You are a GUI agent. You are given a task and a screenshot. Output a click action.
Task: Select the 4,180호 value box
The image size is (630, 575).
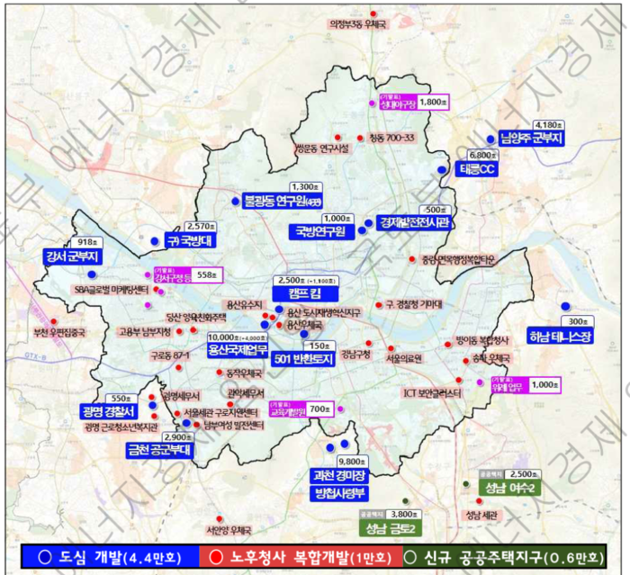[548, 125]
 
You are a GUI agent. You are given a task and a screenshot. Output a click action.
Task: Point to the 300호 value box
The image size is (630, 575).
[572, 321]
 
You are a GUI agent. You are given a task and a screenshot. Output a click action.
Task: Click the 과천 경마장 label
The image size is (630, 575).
[337, 475]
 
